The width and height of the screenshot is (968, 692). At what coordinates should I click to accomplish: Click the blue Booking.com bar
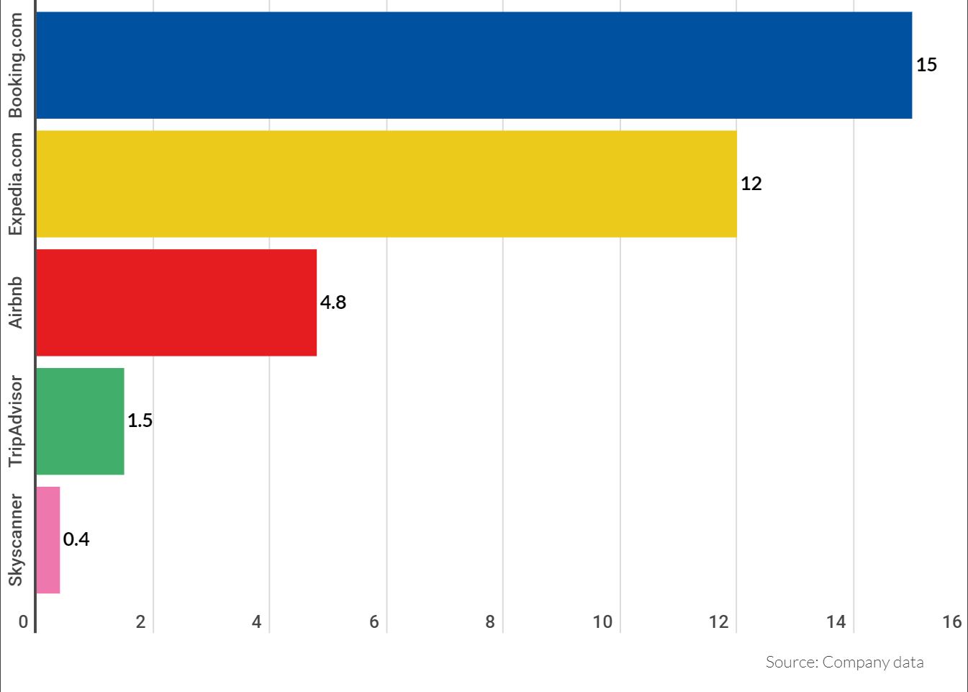(474, 65)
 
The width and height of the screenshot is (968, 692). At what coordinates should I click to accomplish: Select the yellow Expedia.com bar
(386, 184)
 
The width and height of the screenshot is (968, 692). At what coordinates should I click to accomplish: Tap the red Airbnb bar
(176, 302)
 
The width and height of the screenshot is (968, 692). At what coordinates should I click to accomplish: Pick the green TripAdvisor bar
(80, 421)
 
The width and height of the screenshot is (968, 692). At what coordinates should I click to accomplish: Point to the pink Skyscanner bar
(48, 540)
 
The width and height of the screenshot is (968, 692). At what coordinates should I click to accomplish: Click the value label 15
(926, 65)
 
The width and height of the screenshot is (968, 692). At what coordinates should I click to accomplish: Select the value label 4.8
(333, 302)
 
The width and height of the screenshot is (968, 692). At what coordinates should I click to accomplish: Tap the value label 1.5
(140, 421)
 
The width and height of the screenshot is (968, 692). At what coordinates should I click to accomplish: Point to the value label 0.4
(76, 539)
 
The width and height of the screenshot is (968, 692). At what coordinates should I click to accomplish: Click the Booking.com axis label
(16, 65)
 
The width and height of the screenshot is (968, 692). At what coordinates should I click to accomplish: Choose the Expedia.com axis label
(16, 184)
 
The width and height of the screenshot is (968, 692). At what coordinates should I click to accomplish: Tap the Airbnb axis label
(16, 302)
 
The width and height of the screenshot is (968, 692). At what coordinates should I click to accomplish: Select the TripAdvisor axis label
(16, 421)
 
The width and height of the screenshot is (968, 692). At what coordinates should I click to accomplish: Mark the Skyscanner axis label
(16, 540)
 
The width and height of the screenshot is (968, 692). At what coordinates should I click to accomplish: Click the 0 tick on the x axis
(23, 621)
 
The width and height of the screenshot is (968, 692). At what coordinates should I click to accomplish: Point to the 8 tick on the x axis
(490, 621)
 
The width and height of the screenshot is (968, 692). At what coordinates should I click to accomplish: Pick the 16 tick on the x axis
(951, 621)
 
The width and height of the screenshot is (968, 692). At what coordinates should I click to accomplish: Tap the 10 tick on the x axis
(602, 621)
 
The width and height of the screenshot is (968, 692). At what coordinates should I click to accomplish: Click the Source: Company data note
(844, 662)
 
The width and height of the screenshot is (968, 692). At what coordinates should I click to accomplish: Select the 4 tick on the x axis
(257, 621)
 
